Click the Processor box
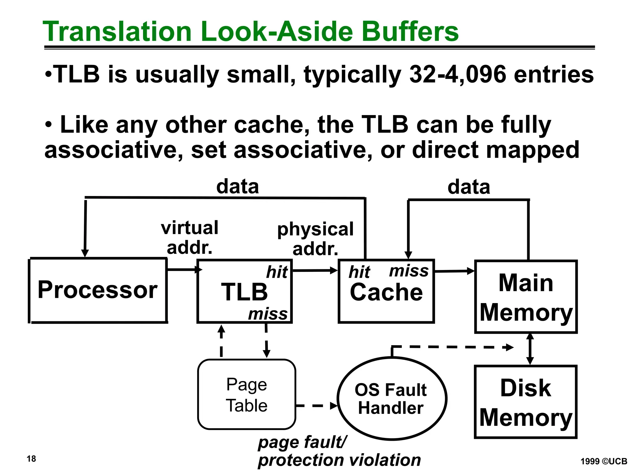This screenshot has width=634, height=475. (x=98, y=290)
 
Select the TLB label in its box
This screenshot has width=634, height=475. (x=244, y=292)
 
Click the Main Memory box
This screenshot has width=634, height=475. (x=526, y=297)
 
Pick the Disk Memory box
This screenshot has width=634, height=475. (x=526, y=402)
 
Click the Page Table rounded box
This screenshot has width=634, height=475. (x=246, y=395)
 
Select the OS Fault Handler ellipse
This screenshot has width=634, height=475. (x=391, y=399)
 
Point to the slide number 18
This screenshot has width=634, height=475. (x=31, y=459)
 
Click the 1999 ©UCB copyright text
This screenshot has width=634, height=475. (x=604, y=461)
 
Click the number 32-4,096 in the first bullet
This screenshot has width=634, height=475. (x=458, y=75)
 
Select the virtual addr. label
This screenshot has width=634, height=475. (x=189, y=237)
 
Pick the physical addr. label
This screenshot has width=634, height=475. (x=315, y=239)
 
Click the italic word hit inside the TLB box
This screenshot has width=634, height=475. (x=277, y=272)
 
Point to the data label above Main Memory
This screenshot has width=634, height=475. (x=469, y=187)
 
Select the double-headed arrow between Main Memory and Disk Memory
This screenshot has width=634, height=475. (x=530, y=349)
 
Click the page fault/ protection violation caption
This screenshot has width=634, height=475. (x=339, y=451)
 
